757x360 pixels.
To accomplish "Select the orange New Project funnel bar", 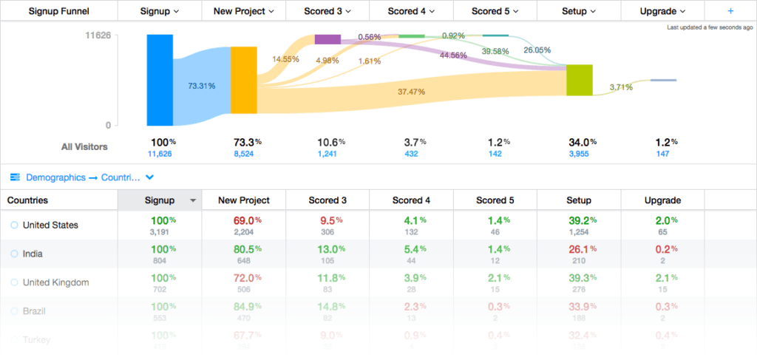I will [x=243, y=80].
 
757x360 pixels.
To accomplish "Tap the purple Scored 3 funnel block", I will [x=327, y=39].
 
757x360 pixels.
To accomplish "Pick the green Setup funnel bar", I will [x=580, y=80].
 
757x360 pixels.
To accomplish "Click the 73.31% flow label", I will [x=202, y=86].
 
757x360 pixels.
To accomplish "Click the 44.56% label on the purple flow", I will [x=453, y=55].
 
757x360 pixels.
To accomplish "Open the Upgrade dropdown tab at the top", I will [x=662, y=11].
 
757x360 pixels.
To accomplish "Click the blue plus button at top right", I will [x=730, y=11].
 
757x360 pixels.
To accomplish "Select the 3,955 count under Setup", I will [x=579, y=154].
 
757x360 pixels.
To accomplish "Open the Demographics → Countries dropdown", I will [x=81, y=177].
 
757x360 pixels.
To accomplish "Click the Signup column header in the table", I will [x=160, y=200].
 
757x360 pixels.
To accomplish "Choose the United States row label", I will [x=50, y=225].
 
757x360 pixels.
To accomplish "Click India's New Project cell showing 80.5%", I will [x=243, y=254].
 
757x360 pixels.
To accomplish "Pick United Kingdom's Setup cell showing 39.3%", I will [x=579, y=282].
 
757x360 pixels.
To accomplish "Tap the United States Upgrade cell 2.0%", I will [x=662, y=225].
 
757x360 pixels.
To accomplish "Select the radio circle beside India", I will [x=14, y=254].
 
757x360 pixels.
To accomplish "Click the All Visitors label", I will [x=84, y=146].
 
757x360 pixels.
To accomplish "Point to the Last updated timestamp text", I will [x=710, y=27].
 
